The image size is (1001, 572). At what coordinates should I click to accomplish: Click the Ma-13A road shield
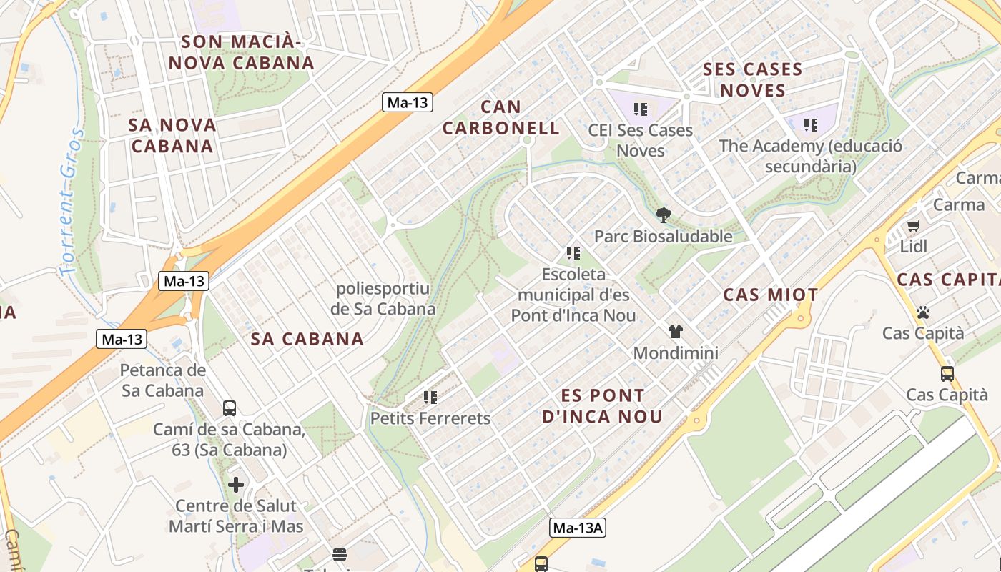point(578,528)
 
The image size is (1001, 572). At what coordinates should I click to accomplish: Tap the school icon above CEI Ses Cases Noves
point(641,109)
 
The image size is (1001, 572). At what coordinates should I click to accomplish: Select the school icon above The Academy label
point(810,125)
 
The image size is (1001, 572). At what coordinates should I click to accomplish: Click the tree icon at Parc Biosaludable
point(664,214)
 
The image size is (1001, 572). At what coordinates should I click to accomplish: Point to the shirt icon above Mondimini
point(676,331)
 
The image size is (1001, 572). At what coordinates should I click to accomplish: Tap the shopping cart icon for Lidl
point(913,226)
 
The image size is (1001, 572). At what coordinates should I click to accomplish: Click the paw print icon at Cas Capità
point(922,312)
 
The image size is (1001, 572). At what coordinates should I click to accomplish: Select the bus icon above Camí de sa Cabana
point(229,408)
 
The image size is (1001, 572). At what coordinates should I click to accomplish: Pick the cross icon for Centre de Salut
point(236,485)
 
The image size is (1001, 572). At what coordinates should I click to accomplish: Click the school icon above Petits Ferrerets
point(430,397)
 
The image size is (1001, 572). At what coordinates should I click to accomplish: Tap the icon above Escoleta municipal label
point(573,252)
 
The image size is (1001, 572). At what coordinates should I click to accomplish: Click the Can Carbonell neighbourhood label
point(500,118)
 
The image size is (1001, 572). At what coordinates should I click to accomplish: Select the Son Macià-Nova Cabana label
point(241,52)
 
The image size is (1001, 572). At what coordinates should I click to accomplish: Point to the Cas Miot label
point(770,295)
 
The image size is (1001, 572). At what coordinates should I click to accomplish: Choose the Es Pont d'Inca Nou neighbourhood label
point(602,405)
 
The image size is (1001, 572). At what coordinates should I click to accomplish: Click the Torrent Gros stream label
point(70,202)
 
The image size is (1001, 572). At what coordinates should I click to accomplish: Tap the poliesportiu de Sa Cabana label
point(383,299)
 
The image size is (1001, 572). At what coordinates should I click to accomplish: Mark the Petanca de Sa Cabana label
point(163,380)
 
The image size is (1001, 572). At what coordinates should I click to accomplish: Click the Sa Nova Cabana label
point(172,135)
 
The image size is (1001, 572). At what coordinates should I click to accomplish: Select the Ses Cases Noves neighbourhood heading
point(752,79)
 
